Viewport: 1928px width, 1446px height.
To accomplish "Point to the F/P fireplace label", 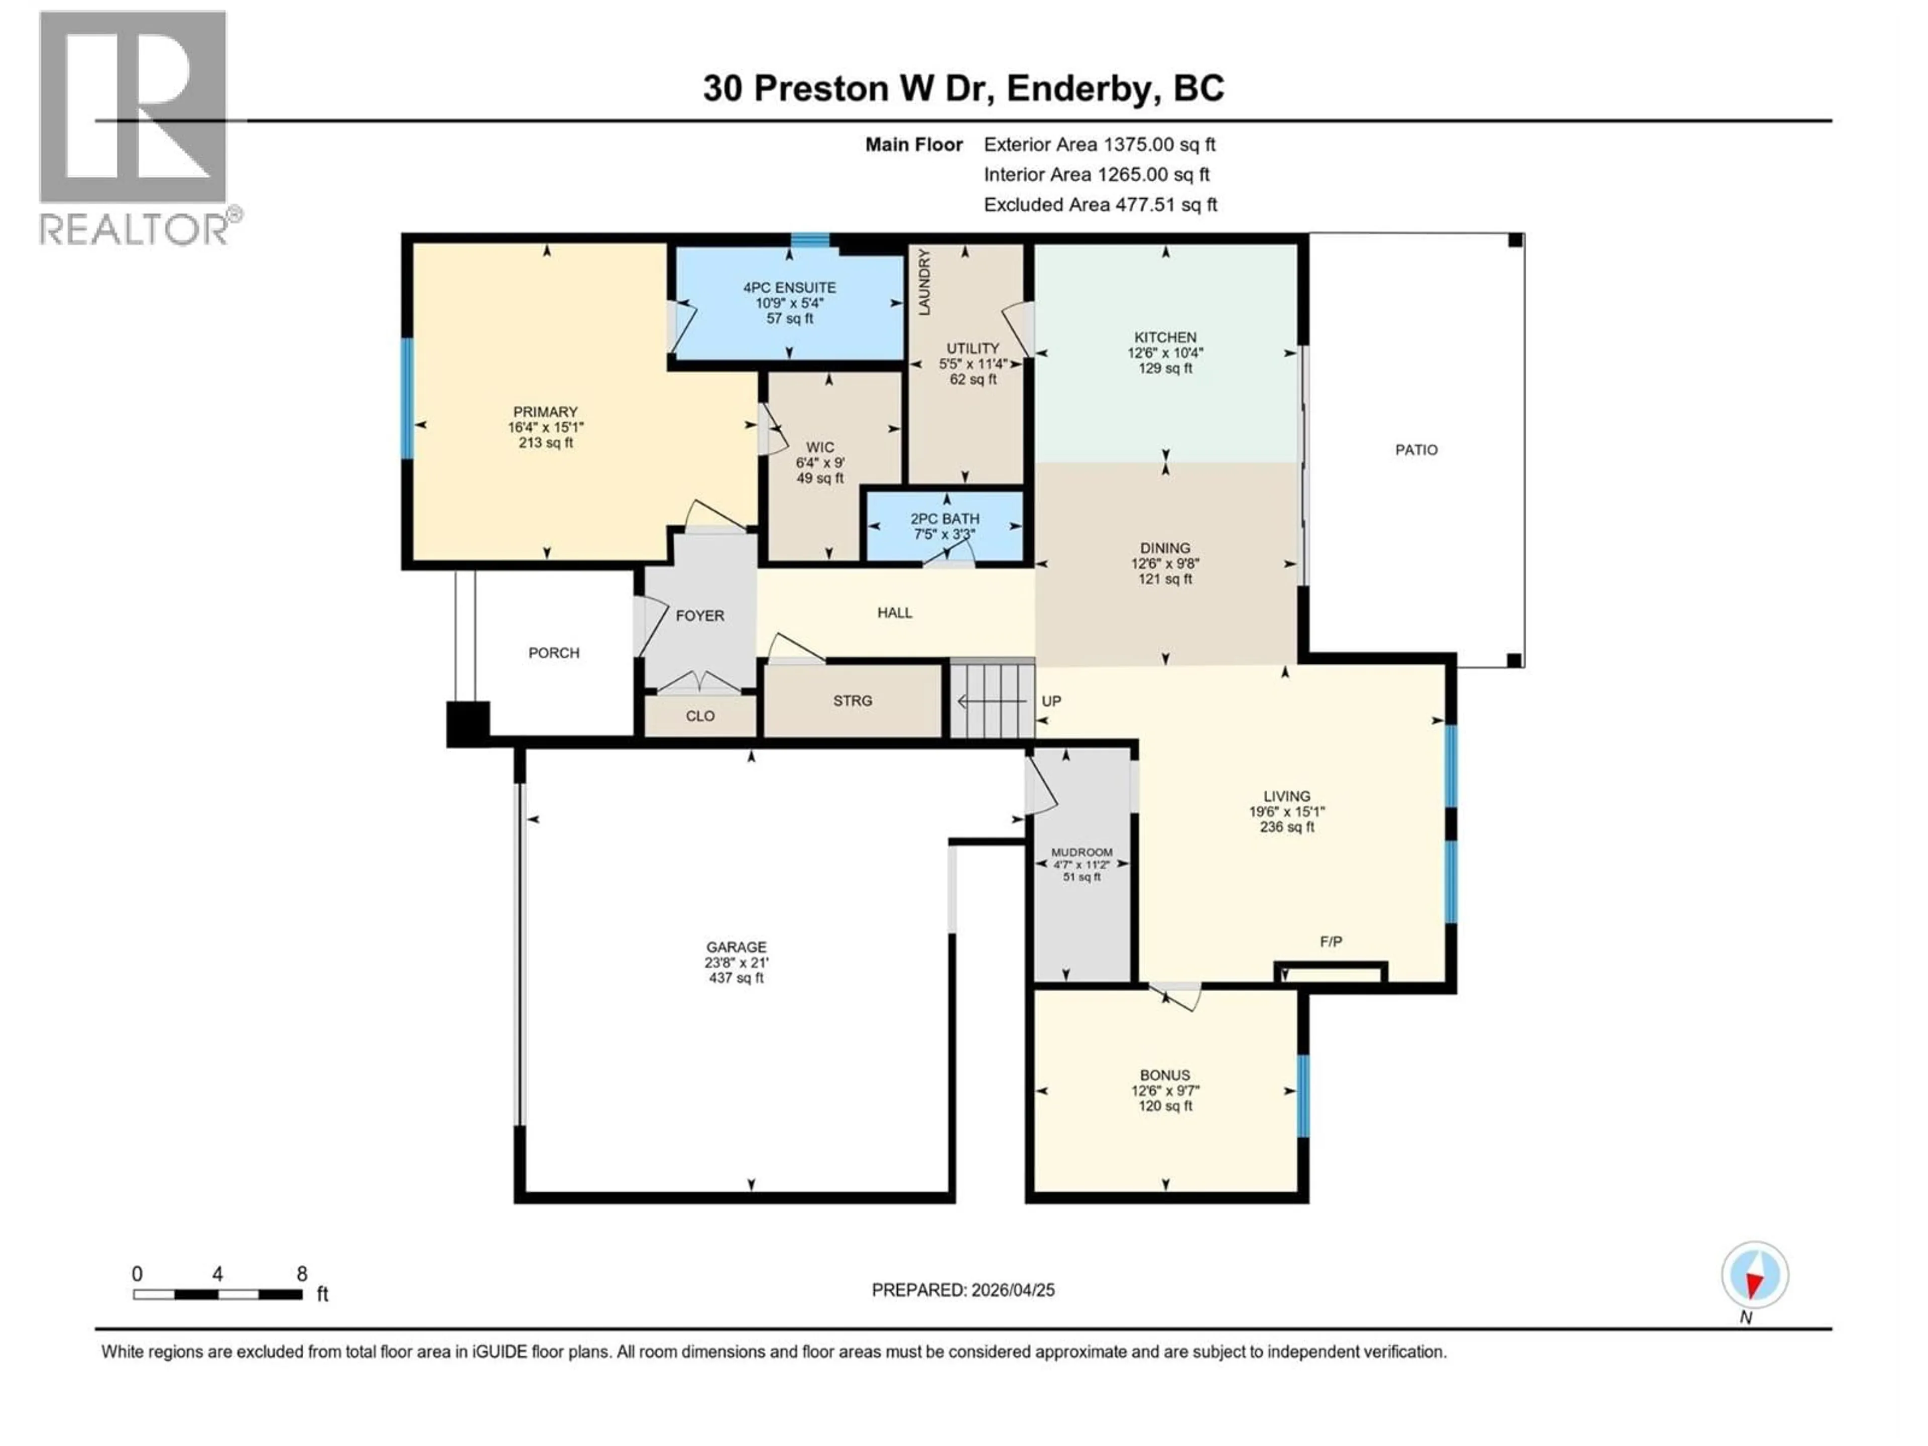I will [x=1330, y=941].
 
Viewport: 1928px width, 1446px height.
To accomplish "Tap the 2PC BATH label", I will [x=945, y=519].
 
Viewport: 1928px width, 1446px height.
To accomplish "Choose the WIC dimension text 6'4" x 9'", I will [x=820, y=463].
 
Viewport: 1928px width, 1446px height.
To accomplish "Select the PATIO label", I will [x=1415, y=450].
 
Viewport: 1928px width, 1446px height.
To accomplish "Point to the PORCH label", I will [x=553, y=653].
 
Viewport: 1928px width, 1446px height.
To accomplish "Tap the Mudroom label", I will [x=1081, y=853].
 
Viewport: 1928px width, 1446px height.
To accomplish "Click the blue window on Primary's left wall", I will [x=406, y=398].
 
